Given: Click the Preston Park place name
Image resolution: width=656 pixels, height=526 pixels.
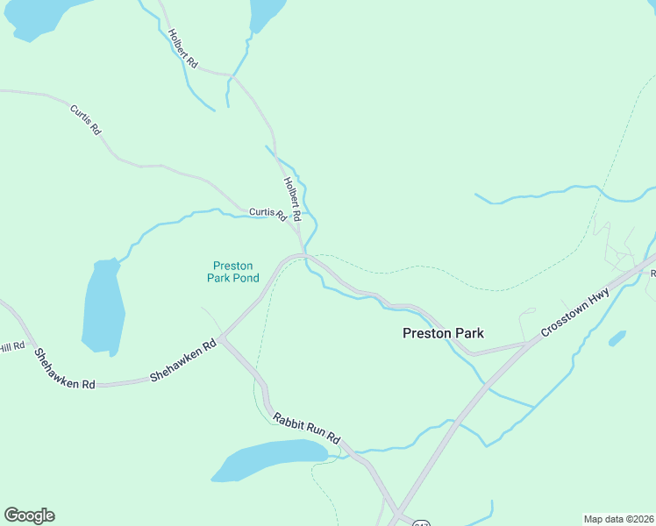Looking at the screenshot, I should pos(443,333).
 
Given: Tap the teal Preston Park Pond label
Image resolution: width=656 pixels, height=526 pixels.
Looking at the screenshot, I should pos(232,272).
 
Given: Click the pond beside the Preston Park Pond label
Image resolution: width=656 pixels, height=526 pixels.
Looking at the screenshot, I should pos(102,307).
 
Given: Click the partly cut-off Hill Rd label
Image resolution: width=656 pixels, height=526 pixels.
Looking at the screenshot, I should pos(10,348).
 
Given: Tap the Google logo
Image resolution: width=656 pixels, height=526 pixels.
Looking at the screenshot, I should pos(29,515).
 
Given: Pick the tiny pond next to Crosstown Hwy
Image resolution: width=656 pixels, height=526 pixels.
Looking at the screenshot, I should pos(617,338).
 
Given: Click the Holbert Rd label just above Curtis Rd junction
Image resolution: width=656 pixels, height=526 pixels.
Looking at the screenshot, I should pos(292,199).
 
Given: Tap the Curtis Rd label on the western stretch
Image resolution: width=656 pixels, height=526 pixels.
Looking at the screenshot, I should pos(85,119).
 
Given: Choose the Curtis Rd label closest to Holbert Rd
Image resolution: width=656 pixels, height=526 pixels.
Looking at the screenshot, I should pos(267,213).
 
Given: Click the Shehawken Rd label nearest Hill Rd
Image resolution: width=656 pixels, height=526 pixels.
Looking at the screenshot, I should pos(64,369).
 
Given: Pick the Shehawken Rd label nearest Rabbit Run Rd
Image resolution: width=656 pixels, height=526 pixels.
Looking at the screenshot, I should pos(182,361).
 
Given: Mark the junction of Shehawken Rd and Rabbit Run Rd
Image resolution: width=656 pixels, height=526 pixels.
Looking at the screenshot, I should pos(223,337).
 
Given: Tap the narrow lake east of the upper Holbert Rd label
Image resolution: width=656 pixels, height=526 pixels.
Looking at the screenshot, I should pos(266,13).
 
